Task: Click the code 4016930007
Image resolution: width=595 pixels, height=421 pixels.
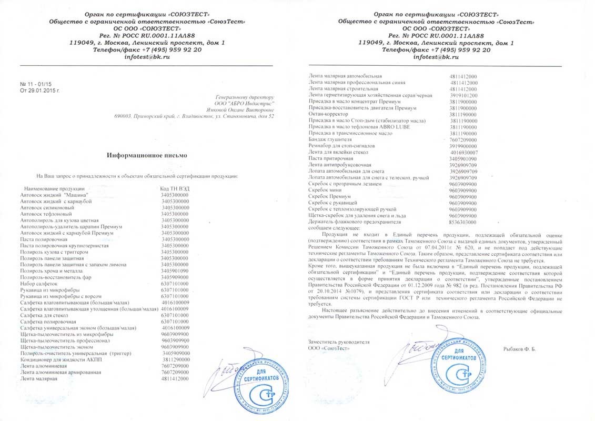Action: (463, 152)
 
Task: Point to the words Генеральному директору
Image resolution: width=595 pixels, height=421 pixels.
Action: (245, 97)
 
